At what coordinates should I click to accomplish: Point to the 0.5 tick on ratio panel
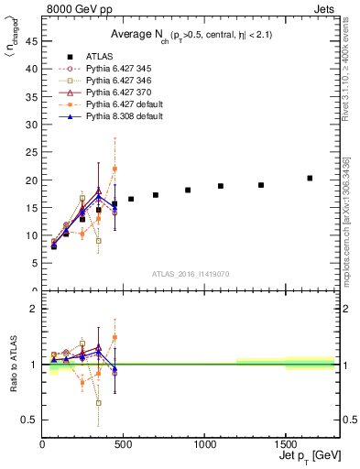[32, 420]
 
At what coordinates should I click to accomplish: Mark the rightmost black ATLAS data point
[310, 178]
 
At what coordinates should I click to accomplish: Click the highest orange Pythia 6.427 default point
[115, 169]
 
